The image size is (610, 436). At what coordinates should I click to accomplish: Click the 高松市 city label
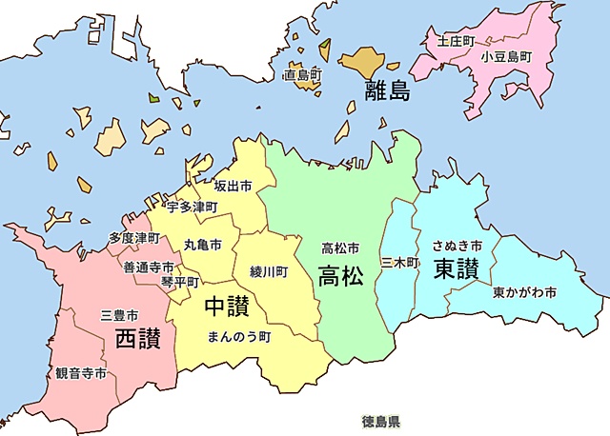(x=340, y=248)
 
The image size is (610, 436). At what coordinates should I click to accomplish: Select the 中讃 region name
(x=227, y=308)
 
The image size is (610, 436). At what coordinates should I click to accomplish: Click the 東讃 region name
(x=456, y=268)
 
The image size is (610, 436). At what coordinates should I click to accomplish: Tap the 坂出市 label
(x=233, y=187)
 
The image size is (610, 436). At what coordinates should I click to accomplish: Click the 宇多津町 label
(x=193, y=207)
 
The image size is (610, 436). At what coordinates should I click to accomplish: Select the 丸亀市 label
(x=203, y=245)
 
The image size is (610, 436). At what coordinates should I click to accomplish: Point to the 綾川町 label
(x=269, y=271)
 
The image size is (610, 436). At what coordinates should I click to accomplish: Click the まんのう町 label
(x=239, y=336)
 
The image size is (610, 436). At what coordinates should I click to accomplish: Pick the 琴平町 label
(x=180, y=282)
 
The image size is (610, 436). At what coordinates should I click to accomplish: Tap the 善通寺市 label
(x=149, y=268)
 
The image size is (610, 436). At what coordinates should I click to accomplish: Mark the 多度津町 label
(x=133, y=238)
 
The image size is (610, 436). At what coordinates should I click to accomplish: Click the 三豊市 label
(x=120, y=314)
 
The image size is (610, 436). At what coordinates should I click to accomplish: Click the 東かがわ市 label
(x=525, y=291)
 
